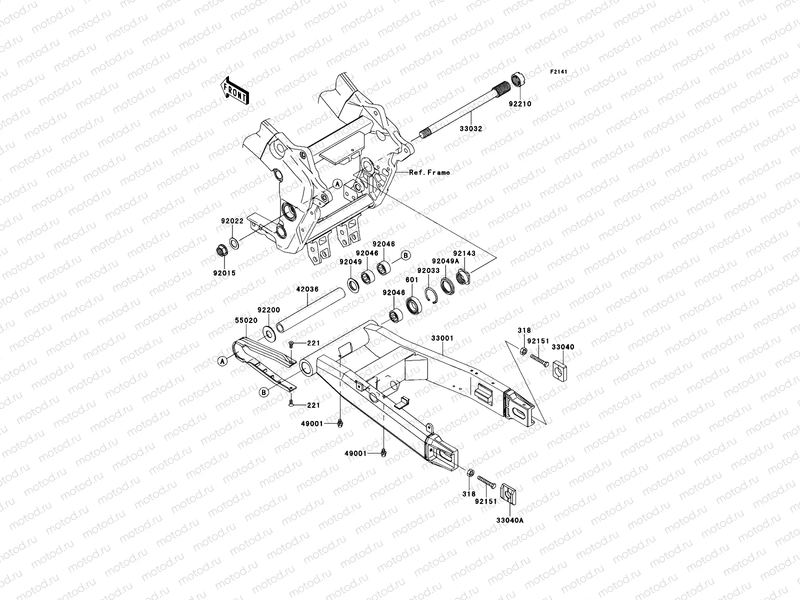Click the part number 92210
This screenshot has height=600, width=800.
click(520, 104)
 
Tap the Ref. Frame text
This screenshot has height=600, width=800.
click(429, 172)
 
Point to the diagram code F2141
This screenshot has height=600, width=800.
click(559, 72)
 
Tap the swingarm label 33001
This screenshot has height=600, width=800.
click(442, 338)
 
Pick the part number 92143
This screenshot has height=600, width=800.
click(464, 253)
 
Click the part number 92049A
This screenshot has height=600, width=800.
click(445, 261)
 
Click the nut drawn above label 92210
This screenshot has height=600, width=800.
click(517, 79)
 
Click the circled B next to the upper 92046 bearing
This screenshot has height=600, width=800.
click(406, 255)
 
